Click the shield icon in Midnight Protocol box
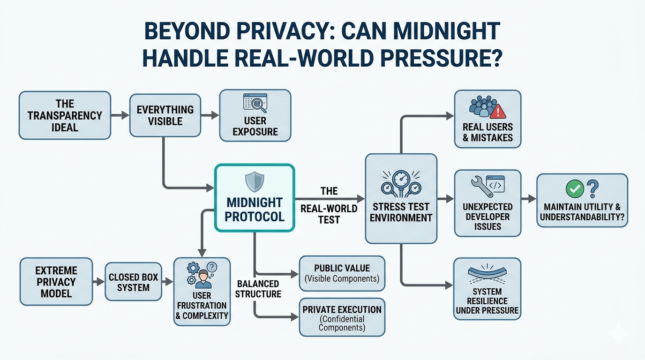pyautogui.click(x=255, y=181)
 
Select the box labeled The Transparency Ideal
pyautogui.click(x=65, y=115)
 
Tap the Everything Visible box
pyautogui.click(x=165, y=115)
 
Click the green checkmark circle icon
pyautogui.click(x=574, y=189)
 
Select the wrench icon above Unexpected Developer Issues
pyautogui.click(x=477, y=186)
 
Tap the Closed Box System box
pyautogui.click(x=133, y=282)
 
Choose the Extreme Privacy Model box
pyautogui.click(x=56, y=282)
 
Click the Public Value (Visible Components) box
pyautogui.click(x=342, y=273)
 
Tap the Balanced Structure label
pyautogui.click(x=258, y=289)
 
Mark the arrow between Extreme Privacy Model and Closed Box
pyautogui.click(x=98, y=282)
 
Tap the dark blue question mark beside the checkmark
pyautogui.click(x=592, y=189)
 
